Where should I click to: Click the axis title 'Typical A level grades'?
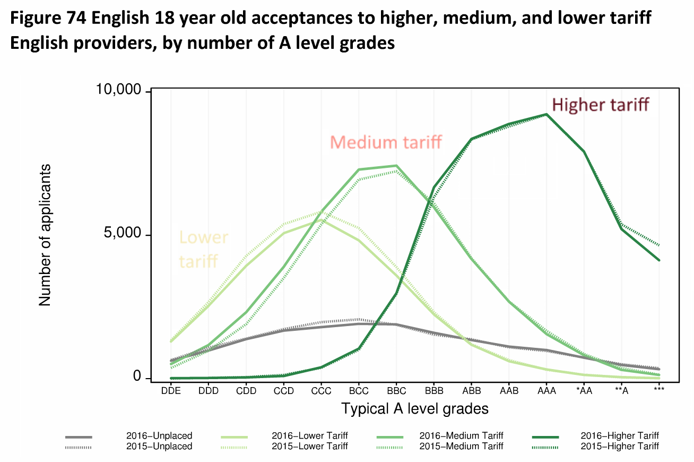(x=414, y=409)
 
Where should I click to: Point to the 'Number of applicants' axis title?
(x=45, y=235)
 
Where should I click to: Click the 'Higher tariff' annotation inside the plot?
(x=600, y=105)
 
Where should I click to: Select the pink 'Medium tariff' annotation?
(x=386, y=142)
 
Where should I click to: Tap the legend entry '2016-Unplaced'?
(x=159, y=436)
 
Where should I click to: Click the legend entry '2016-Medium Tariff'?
(x=461, y=436)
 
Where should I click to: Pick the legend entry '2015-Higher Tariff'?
(x=620, y=447)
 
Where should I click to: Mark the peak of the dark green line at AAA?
(x=546, y=114)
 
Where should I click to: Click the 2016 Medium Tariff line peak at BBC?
(x=396, y=166)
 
